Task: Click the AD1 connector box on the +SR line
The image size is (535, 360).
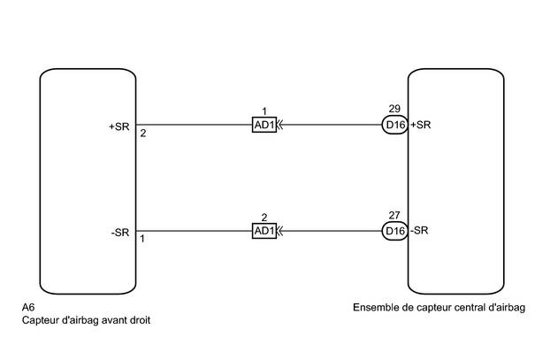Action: click(264, 126)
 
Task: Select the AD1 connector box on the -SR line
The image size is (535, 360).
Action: click(264, 231)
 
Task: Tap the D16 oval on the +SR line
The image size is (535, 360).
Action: click(395, 125)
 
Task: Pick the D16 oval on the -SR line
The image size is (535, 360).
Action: click(395, 231)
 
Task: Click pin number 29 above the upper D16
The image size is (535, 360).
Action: click(394, 110)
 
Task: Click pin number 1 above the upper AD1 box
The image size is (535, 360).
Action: click(264, 111)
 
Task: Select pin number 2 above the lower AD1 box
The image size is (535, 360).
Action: click(264, 217)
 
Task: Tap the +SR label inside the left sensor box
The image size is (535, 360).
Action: click(119, 125)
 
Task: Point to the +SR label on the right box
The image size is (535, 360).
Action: click(421, 125)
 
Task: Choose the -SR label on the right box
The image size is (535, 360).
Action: click(420, 231)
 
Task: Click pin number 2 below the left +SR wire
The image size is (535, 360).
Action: click(142, 134)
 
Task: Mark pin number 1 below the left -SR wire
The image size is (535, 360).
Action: click(142, 239)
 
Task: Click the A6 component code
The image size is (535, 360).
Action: click(28, 308)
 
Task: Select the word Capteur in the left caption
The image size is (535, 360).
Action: click(42, 320)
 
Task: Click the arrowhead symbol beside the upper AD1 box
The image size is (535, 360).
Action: click(279, 126)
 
